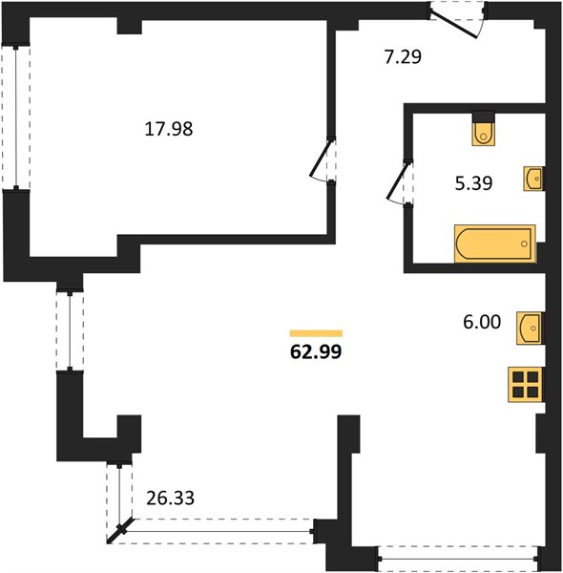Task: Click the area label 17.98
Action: point(169,129)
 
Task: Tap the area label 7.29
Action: point(403,57)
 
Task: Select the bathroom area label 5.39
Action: point(473,183)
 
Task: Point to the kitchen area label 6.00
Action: point(482,323)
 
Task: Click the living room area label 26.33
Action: point(170,499)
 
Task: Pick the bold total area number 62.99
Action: point(316,351)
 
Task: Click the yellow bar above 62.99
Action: point(316,333)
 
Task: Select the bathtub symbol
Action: point(495,244)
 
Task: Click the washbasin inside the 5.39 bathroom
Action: point(534,179)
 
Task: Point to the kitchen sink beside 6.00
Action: point(531,329)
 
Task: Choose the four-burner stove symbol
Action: point(526,385)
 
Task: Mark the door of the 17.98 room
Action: point(321,159)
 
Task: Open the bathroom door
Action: point(397,181)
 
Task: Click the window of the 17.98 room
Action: point(16,117)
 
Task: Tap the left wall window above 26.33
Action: point(70,330)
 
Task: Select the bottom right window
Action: point(458,559)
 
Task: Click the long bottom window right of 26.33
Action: point(220,531)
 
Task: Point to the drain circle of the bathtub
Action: point(524,244)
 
